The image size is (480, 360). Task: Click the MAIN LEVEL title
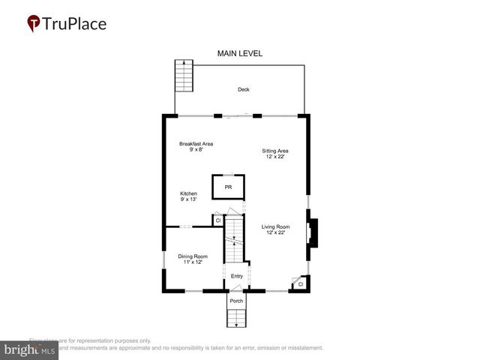click(x=239, y=53)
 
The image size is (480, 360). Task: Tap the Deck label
click(x=243, y=90)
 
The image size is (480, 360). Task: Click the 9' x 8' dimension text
click(x=196, y=150)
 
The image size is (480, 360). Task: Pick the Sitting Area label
click(x=274, y=151)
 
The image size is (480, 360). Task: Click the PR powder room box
click(x=228, y=187)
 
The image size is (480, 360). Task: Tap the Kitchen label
click(x=188, y=193)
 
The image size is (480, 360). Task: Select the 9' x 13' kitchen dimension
click(x=188, y=199)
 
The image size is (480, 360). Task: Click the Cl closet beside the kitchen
click(x=217, y=220)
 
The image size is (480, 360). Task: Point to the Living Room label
click(x=275, y=226)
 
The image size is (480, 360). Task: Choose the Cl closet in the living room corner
click(x=300, y=284)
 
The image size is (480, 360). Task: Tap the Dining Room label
click(x=193, y=256)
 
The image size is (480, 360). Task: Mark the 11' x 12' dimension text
click(x=193, y=262)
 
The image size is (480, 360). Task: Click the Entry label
click(x=236, y=276)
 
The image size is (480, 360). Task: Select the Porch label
click(x=236, y=301)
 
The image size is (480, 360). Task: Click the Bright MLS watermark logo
click(x=30, y=349)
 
